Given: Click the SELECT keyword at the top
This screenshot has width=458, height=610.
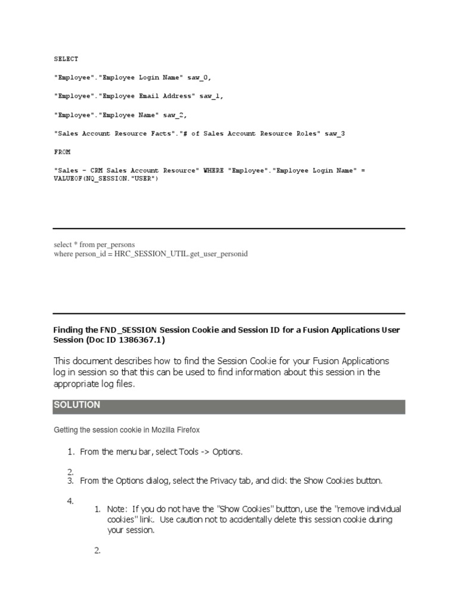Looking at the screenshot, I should [x=66, y=59].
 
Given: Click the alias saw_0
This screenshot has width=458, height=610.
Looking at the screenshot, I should [x=200, y=77].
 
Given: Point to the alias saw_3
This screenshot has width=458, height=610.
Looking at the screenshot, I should [x=335, y=133].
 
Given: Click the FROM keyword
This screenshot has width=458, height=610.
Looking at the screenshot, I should [x=62, y=152].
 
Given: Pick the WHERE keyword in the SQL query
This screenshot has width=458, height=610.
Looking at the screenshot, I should [x=213, y=170].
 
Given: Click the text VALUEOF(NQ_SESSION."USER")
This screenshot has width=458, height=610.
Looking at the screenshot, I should [x=106, y=179].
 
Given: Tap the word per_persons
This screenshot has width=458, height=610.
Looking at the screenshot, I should [x=114, y=245].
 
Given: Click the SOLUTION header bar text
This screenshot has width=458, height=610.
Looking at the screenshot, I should [x=77, y=405].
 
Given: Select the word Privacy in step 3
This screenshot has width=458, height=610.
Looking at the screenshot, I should [x=225, y=481].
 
